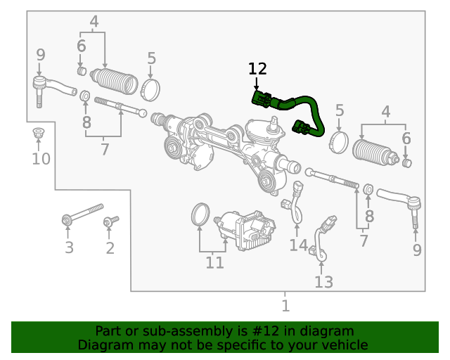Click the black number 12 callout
click(257, 69)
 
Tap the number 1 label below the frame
click(285, 306)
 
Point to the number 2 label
click(110, 247)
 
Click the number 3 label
click(69, 247)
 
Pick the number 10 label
click(41, 159)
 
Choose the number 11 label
click(214, 263)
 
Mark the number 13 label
click(323, 282)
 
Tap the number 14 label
click(298, 245)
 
